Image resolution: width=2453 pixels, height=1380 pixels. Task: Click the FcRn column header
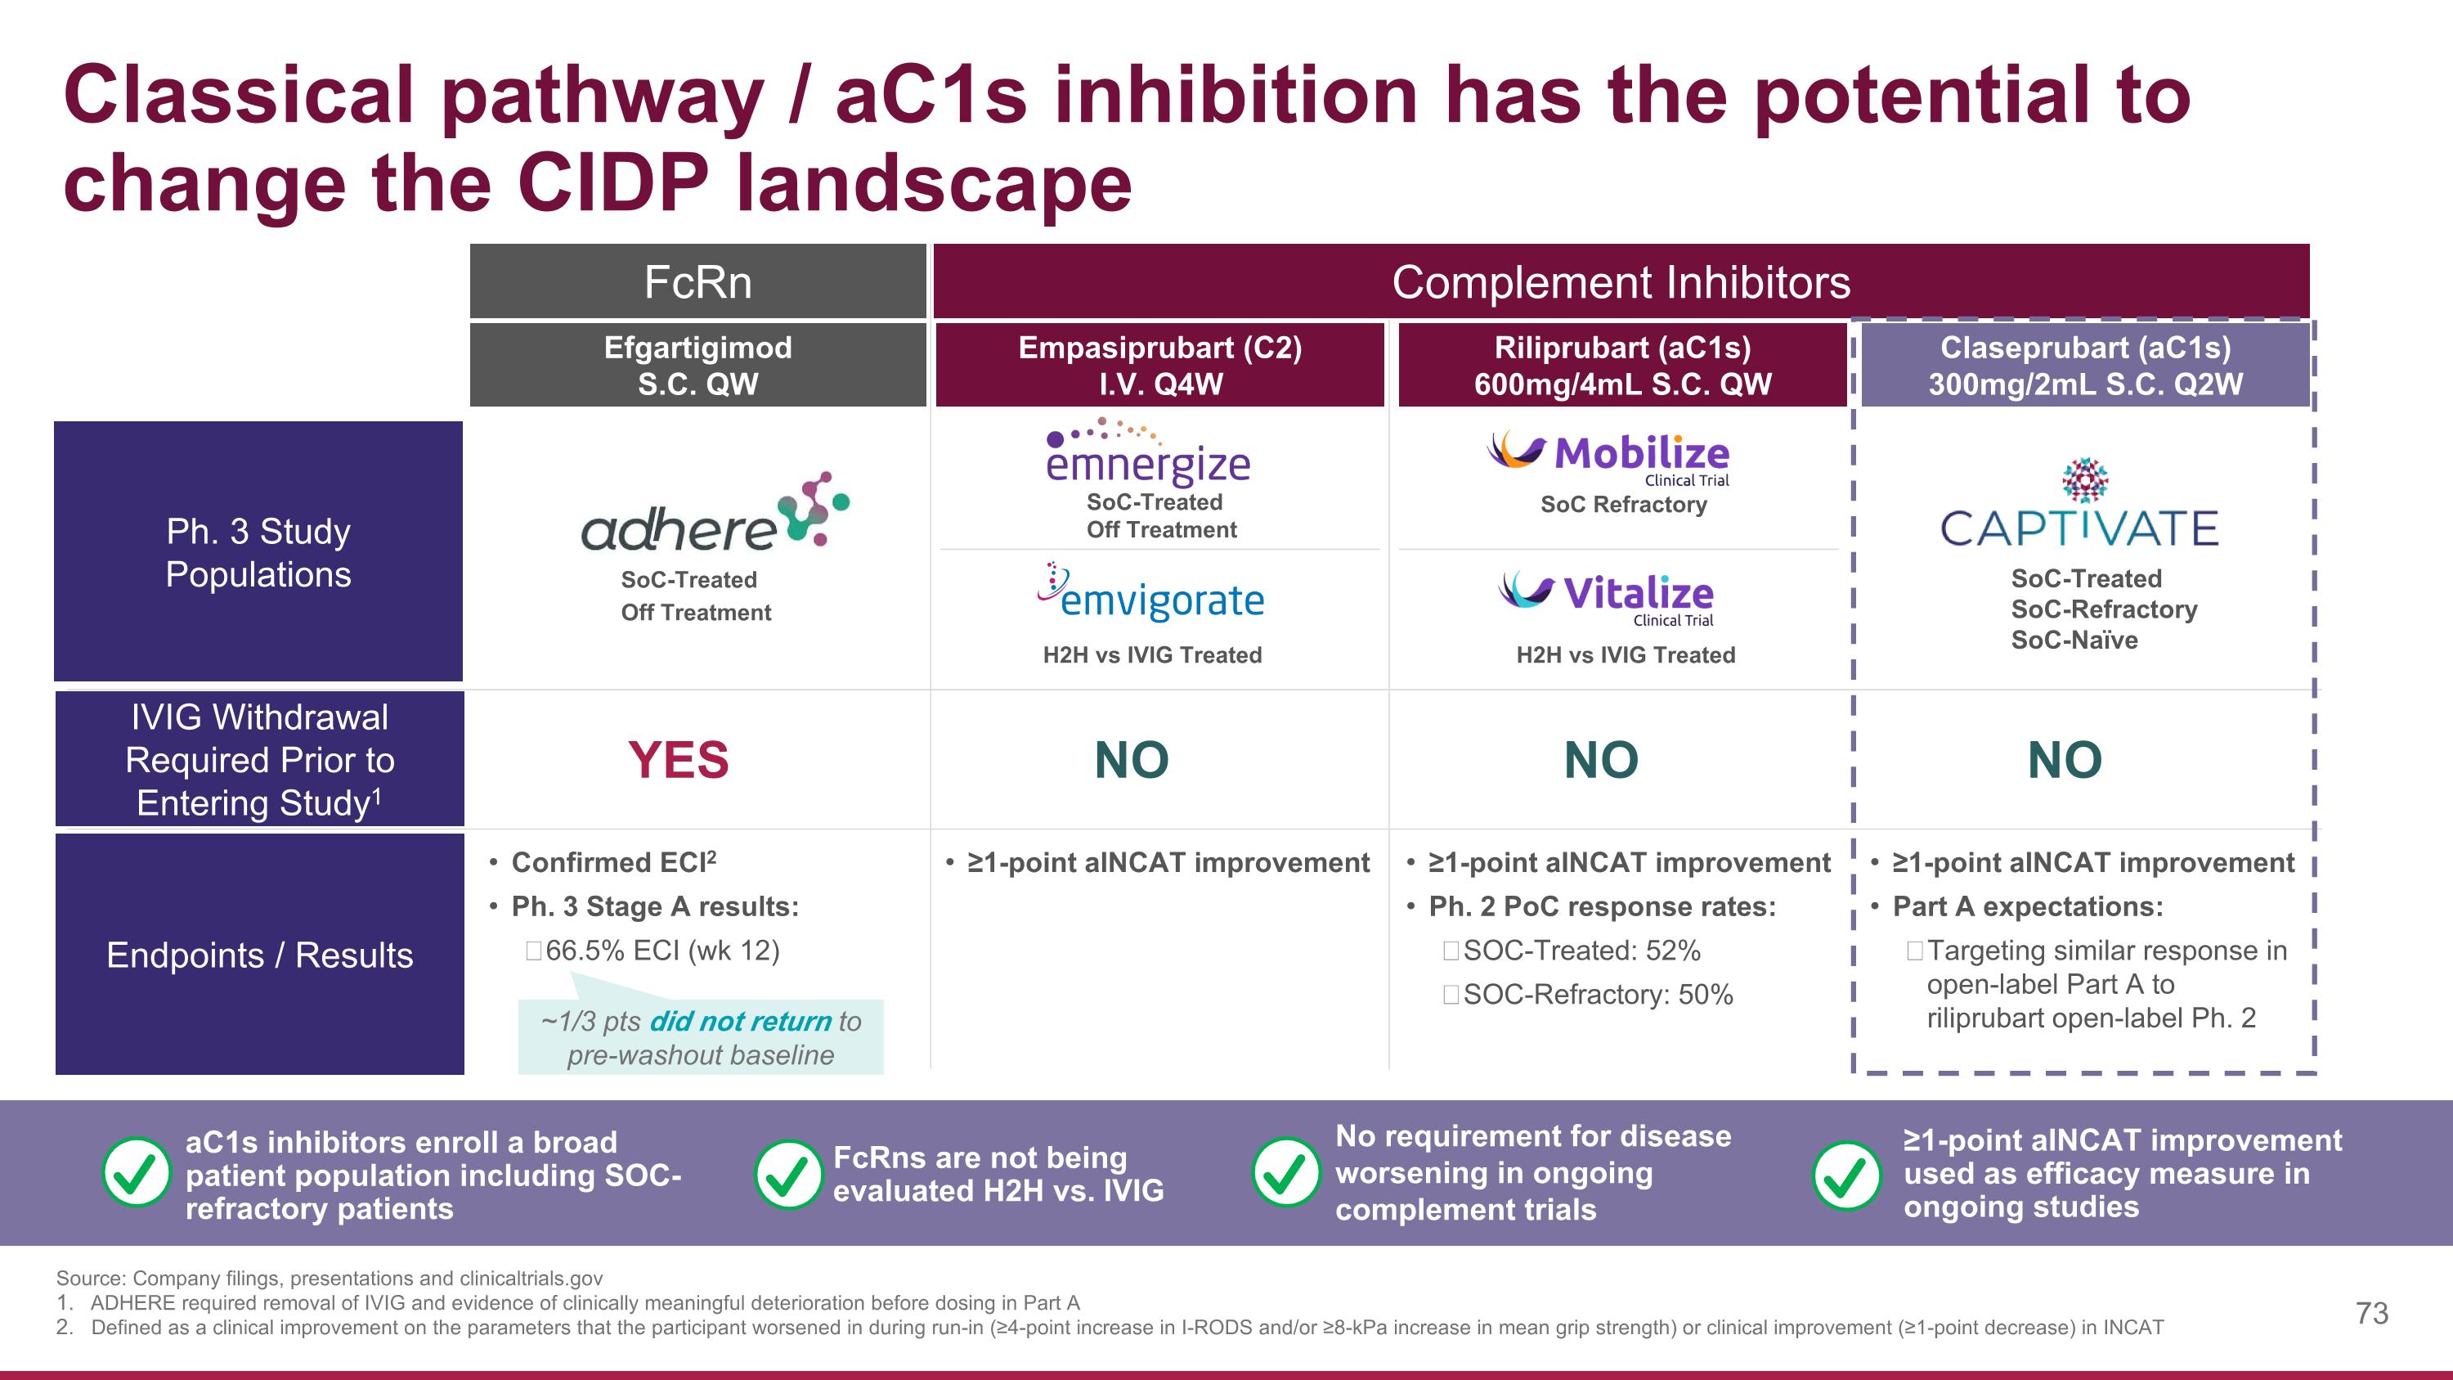click(698, 282)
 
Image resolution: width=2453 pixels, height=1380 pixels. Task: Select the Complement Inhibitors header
click(1621, 282)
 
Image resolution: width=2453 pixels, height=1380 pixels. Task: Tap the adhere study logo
click(714, 515)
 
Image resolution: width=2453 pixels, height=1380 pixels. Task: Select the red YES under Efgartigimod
click(678, 760)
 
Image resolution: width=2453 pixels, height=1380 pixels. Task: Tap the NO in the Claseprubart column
click(2065, 760)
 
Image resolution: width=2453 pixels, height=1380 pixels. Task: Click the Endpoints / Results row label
click(259, 955)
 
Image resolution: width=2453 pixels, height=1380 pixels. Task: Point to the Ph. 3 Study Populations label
click(259, 552)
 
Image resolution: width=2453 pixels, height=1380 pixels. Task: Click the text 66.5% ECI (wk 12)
click(661, 951)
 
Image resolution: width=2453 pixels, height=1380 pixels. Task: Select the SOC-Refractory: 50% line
click(1597, 994)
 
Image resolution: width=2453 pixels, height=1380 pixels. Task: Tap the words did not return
click(740, 1021)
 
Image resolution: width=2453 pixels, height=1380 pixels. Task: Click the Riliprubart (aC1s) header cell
click(1622, 365)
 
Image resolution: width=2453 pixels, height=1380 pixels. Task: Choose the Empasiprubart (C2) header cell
click(1159, 365)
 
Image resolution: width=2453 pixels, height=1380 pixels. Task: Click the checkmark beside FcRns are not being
click(787, 1175)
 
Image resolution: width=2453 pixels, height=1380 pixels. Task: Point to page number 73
click(2371, 1314)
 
